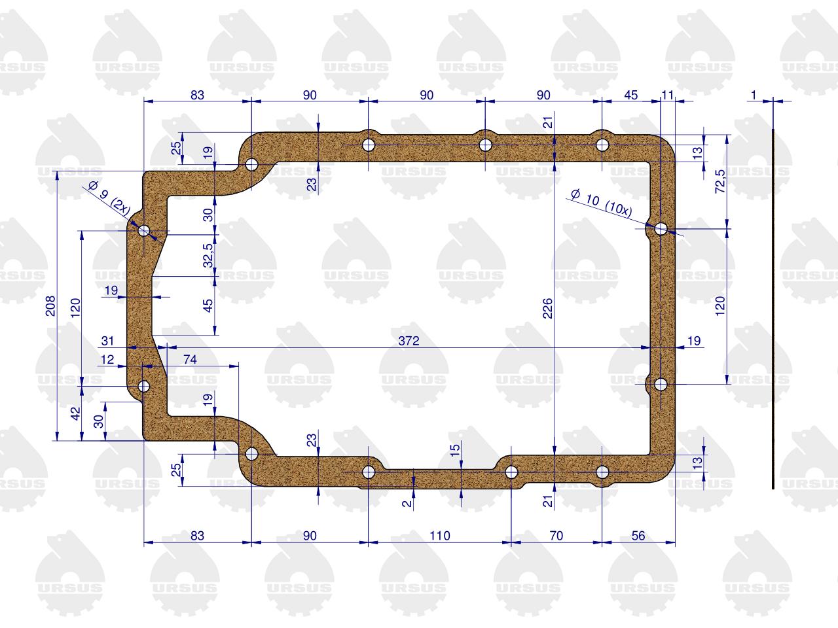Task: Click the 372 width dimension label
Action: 409,341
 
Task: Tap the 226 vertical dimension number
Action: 547,308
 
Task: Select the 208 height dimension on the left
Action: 50,305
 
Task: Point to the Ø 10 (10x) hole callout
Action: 602,202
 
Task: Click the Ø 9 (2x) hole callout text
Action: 109,199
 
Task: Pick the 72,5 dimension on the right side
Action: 720,181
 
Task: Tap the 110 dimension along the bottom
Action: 440,536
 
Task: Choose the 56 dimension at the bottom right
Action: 638,536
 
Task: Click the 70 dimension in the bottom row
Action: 556,536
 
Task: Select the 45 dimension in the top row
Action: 630,95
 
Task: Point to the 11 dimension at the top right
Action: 668,95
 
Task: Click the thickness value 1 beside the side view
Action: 754,95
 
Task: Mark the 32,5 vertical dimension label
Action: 208,256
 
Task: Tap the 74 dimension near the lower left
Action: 190,359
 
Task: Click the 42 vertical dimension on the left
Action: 75,413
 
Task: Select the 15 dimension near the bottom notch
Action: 455,449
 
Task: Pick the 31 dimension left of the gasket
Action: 107,341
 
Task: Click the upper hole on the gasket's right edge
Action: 661,229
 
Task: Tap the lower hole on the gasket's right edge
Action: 661,384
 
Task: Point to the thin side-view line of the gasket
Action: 773,309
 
